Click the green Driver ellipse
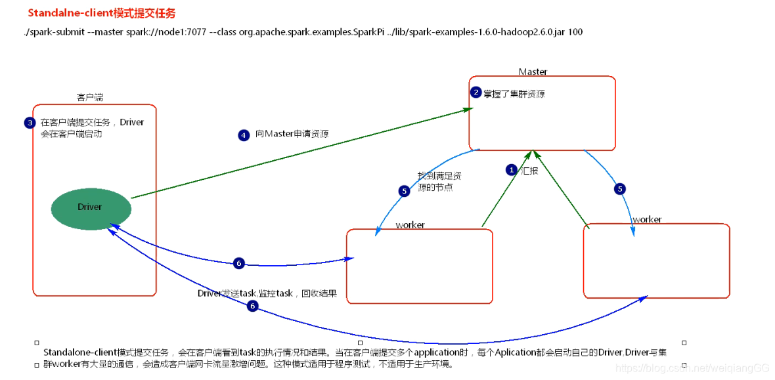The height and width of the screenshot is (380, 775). [89, 207]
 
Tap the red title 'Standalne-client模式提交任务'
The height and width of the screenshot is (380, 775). [102, 13]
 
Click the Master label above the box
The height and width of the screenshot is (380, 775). [533, 72]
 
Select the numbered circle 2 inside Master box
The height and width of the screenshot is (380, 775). [476, 93]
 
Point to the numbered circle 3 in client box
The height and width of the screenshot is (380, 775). [30, 123]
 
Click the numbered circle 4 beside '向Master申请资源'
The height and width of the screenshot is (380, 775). [244, 135]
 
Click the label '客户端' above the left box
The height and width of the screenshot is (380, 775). [90, 97]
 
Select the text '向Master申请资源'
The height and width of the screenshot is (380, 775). [292, 134]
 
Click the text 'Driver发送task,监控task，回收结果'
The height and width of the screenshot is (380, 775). [267, 293]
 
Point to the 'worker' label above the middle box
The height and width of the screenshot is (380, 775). [410, 225]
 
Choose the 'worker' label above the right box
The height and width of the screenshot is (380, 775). [646, 219]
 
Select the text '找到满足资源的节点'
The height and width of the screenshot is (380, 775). [439, 181]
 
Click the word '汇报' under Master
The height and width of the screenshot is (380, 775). [530, 170]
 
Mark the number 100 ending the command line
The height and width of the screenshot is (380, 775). [575, 32]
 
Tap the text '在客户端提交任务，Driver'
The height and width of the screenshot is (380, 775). [92, 122]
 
